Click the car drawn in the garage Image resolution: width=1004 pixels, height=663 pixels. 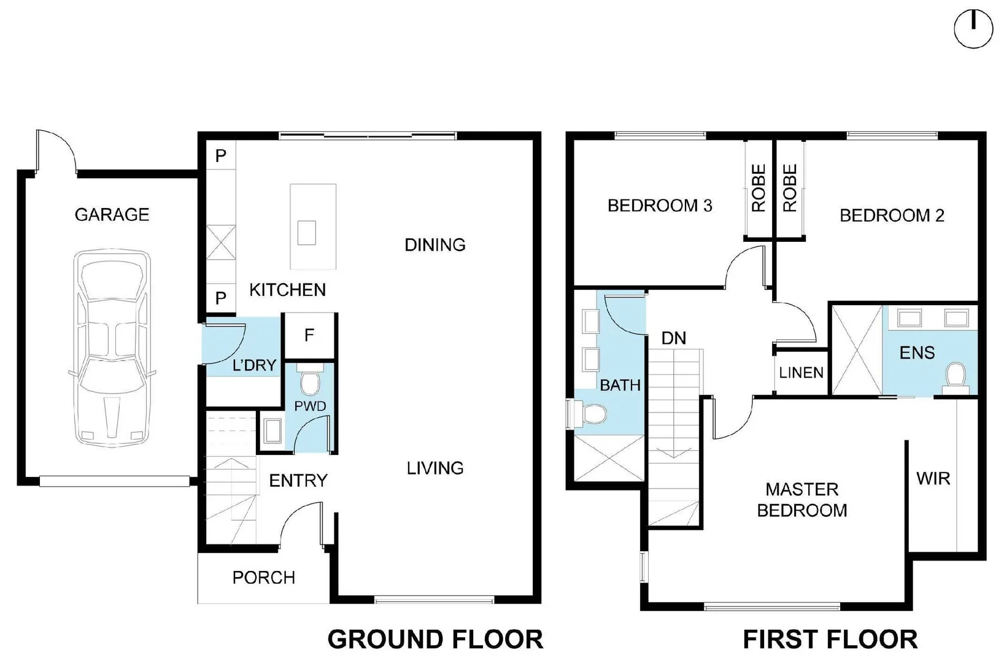click(x=112, y=347)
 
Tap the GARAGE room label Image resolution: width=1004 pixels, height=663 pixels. click(x=112, y=214)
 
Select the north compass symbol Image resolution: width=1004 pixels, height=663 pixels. click(x=973, y=29)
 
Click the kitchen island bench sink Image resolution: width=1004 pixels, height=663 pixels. click(x=307, y=233)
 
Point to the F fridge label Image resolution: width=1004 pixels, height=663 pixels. click(x=309, y=335)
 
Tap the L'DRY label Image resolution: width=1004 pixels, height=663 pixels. click(x=254, y=366)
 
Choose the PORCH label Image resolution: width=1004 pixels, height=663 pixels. click(x=263, y=578)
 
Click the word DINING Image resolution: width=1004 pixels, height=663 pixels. click(x=434, y=245)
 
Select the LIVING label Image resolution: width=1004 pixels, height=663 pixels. click(x=435, y=468)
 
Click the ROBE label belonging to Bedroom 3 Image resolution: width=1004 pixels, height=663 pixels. click(x=759, y=188)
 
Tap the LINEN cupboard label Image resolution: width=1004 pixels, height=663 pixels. click(x=801, y=373)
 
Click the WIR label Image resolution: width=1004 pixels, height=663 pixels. click(x=933, y=478)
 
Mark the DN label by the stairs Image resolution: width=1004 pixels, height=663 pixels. click(x=674, y=338)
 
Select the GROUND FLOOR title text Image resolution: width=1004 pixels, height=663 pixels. click(x=435, y=639)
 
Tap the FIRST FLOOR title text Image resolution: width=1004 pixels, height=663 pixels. click(x=830, y=639)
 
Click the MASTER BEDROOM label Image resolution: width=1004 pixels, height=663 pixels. click(x=801, y=500)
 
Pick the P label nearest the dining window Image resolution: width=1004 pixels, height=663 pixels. click(x=221, y=156)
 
